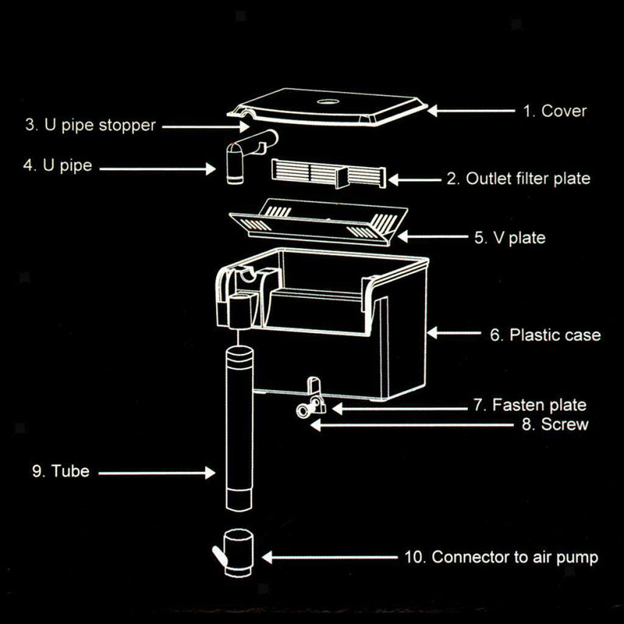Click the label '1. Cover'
[554, 111]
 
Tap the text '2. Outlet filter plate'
[518, 179]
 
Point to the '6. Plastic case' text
[545, 335]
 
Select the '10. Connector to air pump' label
[502, 557]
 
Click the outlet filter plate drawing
[328, 173]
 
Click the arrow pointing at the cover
[468, 112]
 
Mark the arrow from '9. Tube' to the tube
[156, 472]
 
